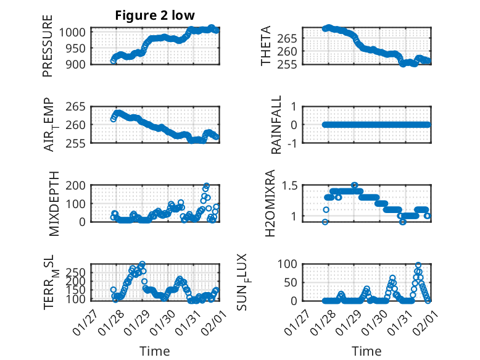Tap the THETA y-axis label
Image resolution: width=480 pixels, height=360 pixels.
(x=266, y=46)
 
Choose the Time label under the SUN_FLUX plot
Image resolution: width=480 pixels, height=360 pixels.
(x=366, y=351)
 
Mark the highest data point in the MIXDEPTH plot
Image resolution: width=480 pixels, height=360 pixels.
(x=207, y=186)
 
